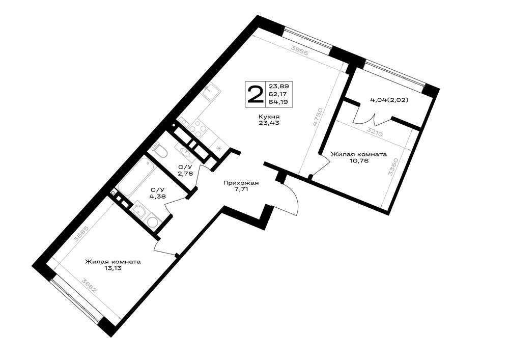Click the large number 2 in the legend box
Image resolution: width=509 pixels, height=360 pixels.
255,94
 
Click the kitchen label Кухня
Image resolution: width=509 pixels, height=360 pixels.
269,117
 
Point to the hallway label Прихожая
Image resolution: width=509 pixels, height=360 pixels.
241,183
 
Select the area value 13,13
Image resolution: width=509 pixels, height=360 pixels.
113,268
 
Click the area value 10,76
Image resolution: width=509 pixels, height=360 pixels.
359,161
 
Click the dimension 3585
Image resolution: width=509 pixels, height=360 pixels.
81,233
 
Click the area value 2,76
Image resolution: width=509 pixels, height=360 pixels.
185,173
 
